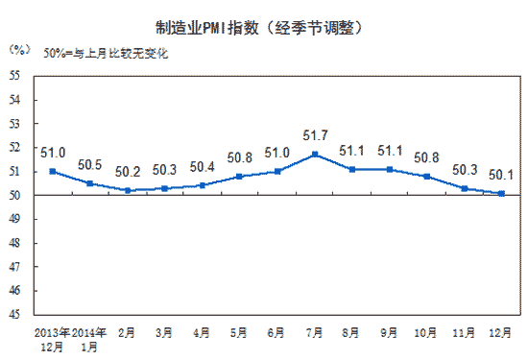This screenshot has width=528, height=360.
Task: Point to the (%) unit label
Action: (18, 47)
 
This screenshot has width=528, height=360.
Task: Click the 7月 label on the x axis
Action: (314, 332)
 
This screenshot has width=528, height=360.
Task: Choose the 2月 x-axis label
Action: (126, 332)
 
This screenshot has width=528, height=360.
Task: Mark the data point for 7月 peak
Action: (315, 155)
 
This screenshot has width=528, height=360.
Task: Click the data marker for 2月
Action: (127, 190)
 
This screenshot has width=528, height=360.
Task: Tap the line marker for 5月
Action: (240, 177)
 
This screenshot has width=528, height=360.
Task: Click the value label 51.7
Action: (317, 137)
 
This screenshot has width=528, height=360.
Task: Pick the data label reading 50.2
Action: (128, 173)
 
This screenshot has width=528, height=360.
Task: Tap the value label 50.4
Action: (204, 168)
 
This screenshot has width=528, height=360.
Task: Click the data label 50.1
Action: (500, 175)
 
